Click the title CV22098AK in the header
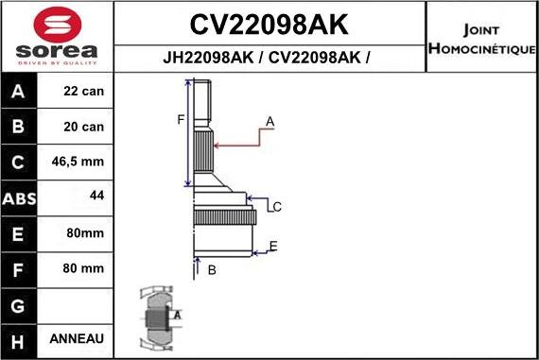point(269,24)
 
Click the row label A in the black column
point(20,93)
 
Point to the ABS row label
point(20,198)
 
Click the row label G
point(20,304)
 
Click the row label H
point(20,339)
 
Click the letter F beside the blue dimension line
point(180,119)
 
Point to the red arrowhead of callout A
point(217,145)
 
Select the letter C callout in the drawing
point(277,206)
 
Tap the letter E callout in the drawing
point(272,247)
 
